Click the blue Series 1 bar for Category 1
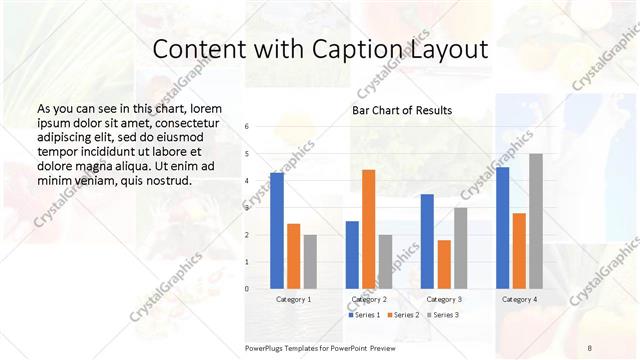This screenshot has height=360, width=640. (x=277, y=230)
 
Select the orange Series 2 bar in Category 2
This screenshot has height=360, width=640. (x=368, y=229)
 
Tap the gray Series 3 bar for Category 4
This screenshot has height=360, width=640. (x=535, y=221)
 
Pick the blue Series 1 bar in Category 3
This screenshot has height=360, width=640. (x=427, y=241)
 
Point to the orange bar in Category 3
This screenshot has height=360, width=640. (x=444, y=264)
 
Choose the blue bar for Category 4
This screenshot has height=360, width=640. (x=502, y=227)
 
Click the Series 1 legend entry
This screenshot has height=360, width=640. (x=365, y=315)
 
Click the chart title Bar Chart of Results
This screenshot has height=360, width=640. (x=402, y=110)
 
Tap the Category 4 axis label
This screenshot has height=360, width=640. (x=518, y=299)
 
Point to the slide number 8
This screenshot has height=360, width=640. (x=589, y=346)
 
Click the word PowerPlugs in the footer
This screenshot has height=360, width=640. (x=265, y=346)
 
